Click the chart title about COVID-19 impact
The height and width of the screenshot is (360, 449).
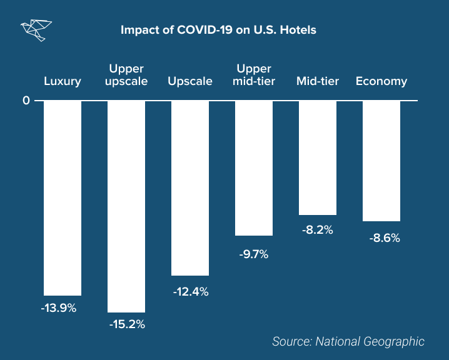(218, 30)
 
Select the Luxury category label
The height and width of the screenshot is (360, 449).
(63, 81)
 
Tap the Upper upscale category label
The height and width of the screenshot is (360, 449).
(127, 74)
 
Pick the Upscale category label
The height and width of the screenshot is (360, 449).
(190, 81)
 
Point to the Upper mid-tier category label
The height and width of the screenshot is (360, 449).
(253, 74)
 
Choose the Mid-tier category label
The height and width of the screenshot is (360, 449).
(318, 81)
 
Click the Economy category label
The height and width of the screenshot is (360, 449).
(381, 81)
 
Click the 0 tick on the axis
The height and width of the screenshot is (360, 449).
(26, 100)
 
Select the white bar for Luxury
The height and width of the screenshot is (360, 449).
(63, 197)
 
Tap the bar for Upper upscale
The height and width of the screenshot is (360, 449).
(126, 206)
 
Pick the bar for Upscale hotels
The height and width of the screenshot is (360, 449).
(190, 187)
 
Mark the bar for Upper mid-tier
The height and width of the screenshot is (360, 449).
(254, 167)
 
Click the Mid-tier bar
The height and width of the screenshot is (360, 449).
(318, 157)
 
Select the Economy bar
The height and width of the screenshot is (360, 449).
(381, 161)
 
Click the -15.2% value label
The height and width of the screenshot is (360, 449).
(127, 324)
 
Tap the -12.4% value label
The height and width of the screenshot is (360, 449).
(191, 291)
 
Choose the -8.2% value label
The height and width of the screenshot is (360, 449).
(318, 229)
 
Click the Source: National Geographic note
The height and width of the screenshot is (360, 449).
(348, 341)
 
